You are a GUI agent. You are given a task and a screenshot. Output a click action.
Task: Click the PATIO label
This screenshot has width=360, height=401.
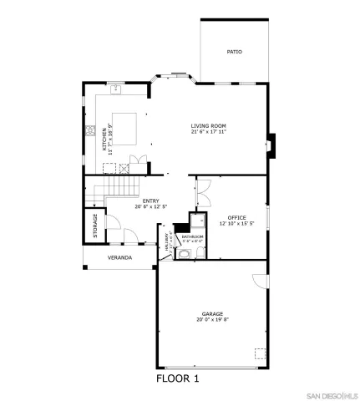[235, 52]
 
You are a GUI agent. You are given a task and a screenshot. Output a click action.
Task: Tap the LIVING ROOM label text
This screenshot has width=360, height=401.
[209, 125]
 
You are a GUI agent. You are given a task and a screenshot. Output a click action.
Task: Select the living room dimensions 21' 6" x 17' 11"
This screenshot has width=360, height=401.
[209, 132]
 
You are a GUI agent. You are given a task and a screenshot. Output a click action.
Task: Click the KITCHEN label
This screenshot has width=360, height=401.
[105, 137]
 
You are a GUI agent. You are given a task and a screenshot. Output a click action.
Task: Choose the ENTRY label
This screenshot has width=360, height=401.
[151, 200]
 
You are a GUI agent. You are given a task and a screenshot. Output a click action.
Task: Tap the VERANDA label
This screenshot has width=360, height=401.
[119, 257]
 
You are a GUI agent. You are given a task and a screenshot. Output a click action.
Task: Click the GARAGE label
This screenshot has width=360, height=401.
[211, 313]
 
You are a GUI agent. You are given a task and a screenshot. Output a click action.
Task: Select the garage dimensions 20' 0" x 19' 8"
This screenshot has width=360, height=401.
[211, 320]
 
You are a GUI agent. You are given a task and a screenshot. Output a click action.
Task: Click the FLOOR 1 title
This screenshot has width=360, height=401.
[179, 378]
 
